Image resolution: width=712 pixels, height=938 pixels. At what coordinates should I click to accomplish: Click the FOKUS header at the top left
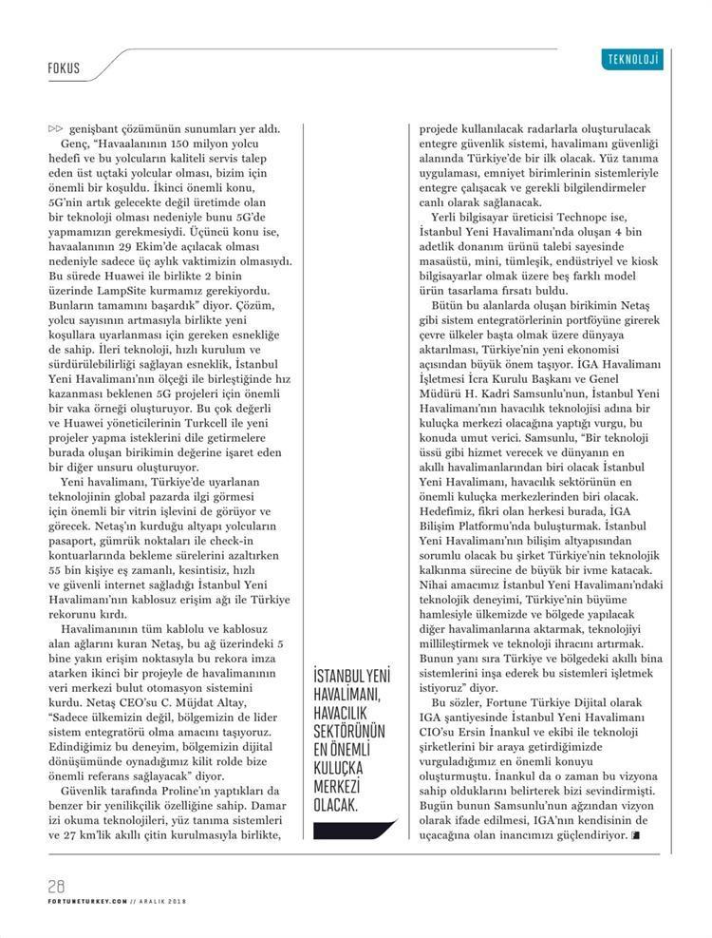pos(63,69)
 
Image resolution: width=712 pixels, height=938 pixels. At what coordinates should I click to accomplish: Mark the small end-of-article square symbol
pos(634,834)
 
